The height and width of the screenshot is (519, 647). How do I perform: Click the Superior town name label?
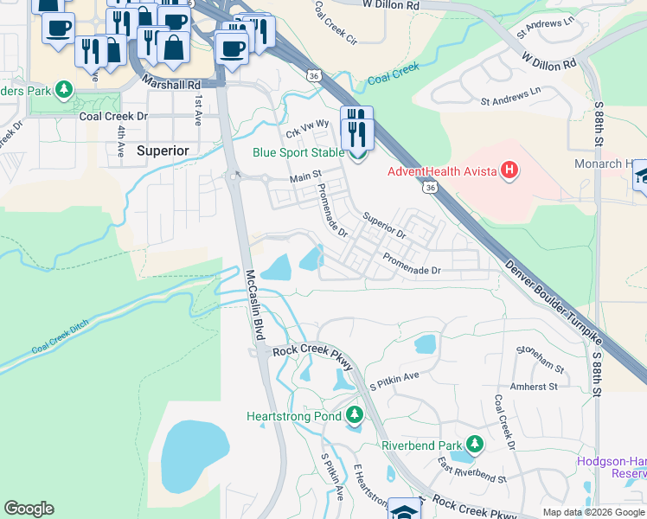tap(163, 151)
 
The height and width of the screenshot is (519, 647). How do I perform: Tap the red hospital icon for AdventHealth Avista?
tap(509, 170)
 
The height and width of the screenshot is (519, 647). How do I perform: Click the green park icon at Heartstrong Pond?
tap(353, 417)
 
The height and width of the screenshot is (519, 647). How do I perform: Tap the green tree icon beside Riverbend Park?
tap(474, 445)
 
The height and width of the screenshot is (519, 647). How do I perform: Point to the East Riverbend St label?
tap(471, 472)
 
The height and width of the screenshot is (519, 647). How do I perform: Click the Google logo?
tap(29, 509)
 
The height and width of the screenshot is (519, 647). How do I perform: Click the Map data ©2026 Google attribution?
tap(593, 512)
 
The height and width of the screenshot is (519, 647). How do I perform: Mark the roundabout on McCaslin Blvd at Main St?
tap(234, 176)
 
